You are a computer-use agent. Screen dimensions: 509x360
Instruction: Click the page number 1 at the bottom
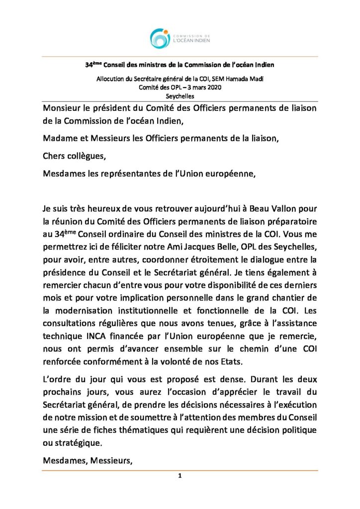(x=180, y=476)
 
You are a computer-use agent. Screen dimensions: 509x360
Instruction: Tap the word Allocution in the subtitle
(x=112, y=80)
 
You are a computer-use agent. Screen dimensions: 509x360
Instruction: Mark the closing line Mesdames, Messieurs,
(x=88, y=460)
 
